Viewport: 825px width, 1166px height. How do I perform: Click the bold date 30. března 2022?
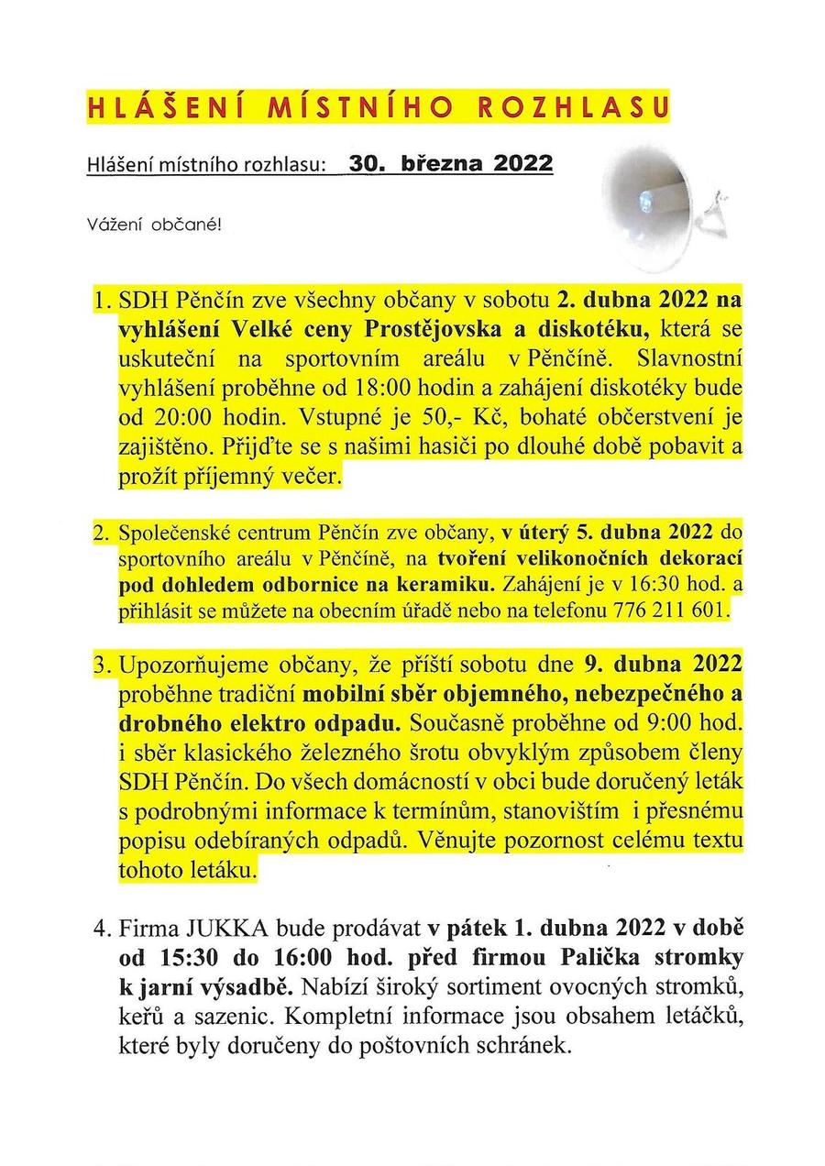pos(450,164)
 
